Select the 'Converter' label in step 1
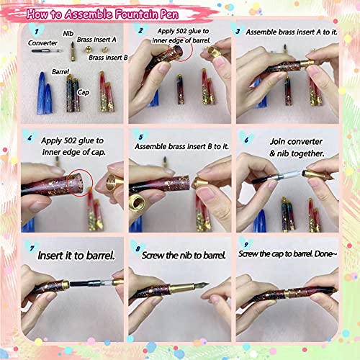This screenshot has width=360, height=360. point(43,42)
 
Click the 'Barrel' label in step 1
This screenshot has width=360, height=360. point(60,72)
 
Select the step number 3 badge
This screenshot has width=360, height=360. point(237,32)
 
